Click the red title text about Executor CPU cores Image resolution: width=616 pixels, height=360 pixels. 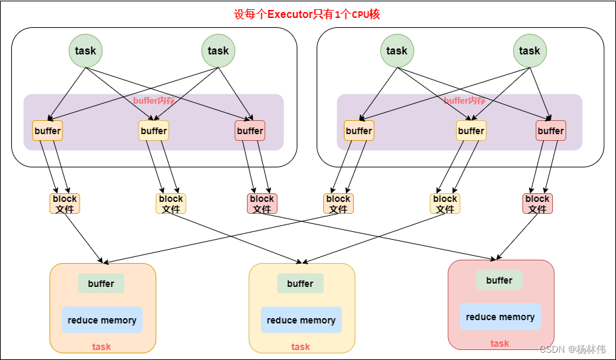[307, 14]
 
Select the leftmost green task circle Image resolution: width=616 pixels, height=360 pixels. [86, 50]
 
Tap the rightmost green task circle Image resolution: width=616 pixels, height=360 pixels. [530, 50]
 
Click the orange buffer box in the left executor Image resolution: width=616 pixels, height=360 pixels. [48, 131]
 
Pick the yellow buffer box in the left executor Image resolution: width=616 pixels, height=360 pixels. [154, 131]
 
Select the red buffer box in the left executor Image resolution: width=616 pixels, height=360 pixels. [250, 131]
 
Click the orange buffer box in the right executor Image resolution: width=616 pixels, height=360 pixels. [359, 131]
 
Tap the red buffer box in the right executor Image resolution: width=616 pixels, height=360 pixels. [551, 131]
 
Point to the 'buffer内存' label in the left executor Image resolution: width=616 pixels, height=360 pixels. [154, 101]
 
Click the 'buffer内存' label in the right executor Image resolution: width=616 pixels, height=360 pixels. [465, 101]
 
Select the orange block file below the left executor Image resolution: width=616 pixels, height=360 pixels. [64, 204]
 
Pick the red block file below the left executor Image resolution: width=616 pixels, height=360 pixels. [262, 204]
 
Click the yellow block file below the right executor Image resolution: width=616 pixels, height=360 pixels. [445, 204]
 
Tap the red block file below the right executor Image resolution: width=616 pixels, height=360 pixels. [538, 204]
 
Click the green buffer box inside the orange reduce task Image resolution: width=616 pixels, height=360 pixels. [101, 284]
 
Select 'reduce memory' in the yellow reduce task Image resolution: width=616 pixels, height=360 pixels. [301, 320]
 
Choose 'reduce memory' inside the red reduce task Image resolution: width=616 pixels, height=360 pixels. [501, 317]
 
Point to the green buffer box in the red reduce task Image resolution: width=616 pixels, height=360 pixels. [499, 280]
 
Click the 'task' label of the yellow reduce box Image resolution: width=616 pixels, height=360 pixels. [301, 347]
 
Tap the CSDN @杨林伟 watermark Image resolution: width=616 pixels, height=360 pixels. [572, 349]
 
